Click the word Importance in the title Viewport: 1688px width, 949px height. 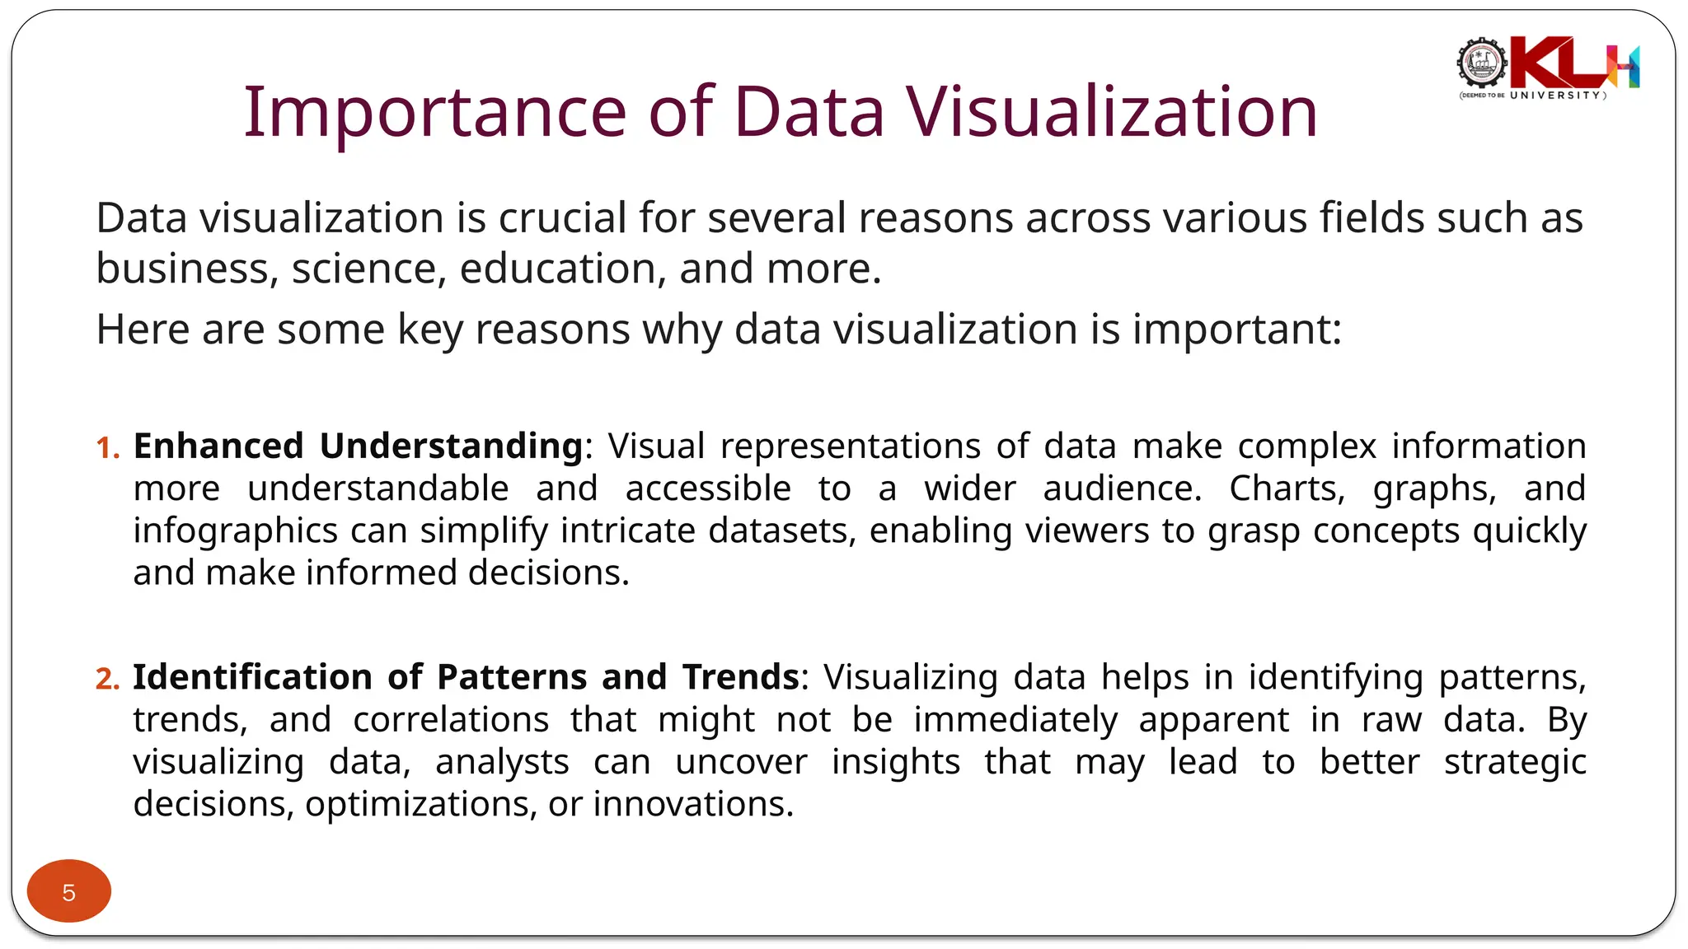pyautogui.click(x=435, y=112)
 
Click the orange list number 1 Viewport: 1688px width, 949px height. pyautogui.click(x=107, y=447)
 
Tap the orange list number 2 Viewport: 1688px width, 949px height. pyautogui.click(x=107, y=678)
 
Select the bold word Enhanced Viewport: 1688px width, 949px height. pyautogui.click(x=218, y=446)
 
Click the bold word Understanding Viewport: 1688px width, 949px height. pyautogui.click(x=452, y=447)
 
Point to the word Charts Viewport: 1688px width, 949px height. pyautogui.click(x=1287, y=489)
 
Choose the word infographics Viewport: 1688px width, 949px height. pyautogui.click(x=236, y=531)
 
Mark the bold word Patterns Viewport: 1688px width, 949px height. pyautogui.click(x=511, y=677)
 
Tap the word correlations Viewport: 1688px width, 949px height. pyautogui.click(x=451, y=720)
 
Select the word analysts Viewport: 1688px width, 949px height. pyautogui.click(x=502, y=763)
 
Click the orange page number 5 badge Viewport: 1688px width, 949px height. pyautogui.click(x=69, y=891)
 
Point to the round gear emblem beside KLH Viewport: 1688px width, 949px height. pyautogui.click(x=1481, y=63)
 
